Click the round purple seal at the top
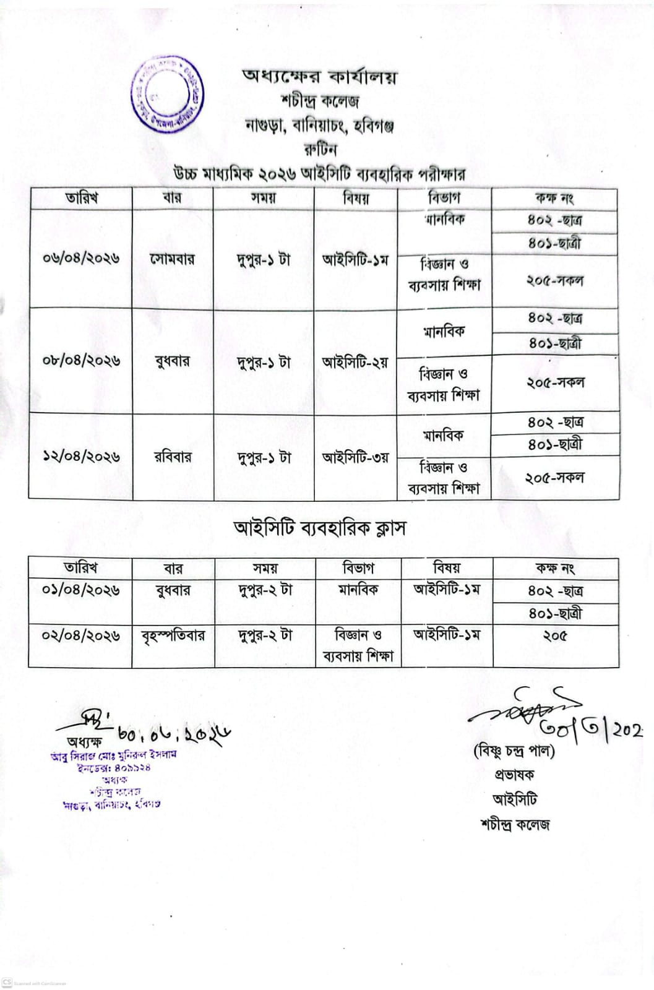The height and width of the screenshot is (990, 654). click(167, 93)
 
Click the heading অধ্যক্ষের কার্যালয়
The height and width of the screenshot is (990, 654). click(319, 77)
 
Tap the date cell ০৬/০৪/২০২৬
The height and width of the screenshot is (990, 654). click(81, 258)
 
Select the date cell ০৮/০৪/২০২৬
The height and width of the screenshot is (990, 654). click(81, 361)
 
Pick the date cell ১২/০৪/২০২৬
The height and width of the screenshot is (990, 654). click(81, 457)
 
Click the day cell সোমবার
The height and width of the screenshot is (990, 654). click(173, 259)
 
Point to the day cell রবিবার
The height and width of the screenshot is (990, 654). click(173, 457)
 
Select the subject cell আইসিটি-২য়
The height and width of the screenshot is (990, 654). click(355, 362)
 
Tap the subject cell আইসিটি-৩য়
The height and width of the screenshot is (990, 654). click(355, 458)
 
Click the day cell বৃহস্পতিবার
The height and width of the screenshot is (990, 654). click(173, 635)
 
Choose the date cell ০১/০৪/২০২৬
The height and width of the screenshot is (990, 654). click(80, 590)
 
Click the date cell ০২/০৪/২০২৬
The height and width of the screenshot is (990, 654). click(80, 635)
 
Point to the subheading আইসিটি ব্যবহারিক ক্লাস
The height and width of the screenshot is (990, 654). click(319, 528)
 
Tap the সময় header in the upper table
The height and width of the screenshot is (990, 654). click(264, 198)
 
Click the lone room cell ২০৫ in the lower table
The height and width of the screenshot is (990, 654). click(555, 635)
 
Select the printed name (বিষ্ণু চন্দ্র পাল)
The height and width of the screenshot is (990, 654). click(514, 751)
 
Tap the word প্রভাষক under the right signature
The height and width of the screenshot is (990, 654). click(514, 775)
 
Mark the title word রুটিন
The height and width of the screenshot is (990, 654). click(320, 149)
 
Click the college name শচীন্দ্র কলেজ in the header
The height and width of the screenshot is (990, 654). click(319, 101)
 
